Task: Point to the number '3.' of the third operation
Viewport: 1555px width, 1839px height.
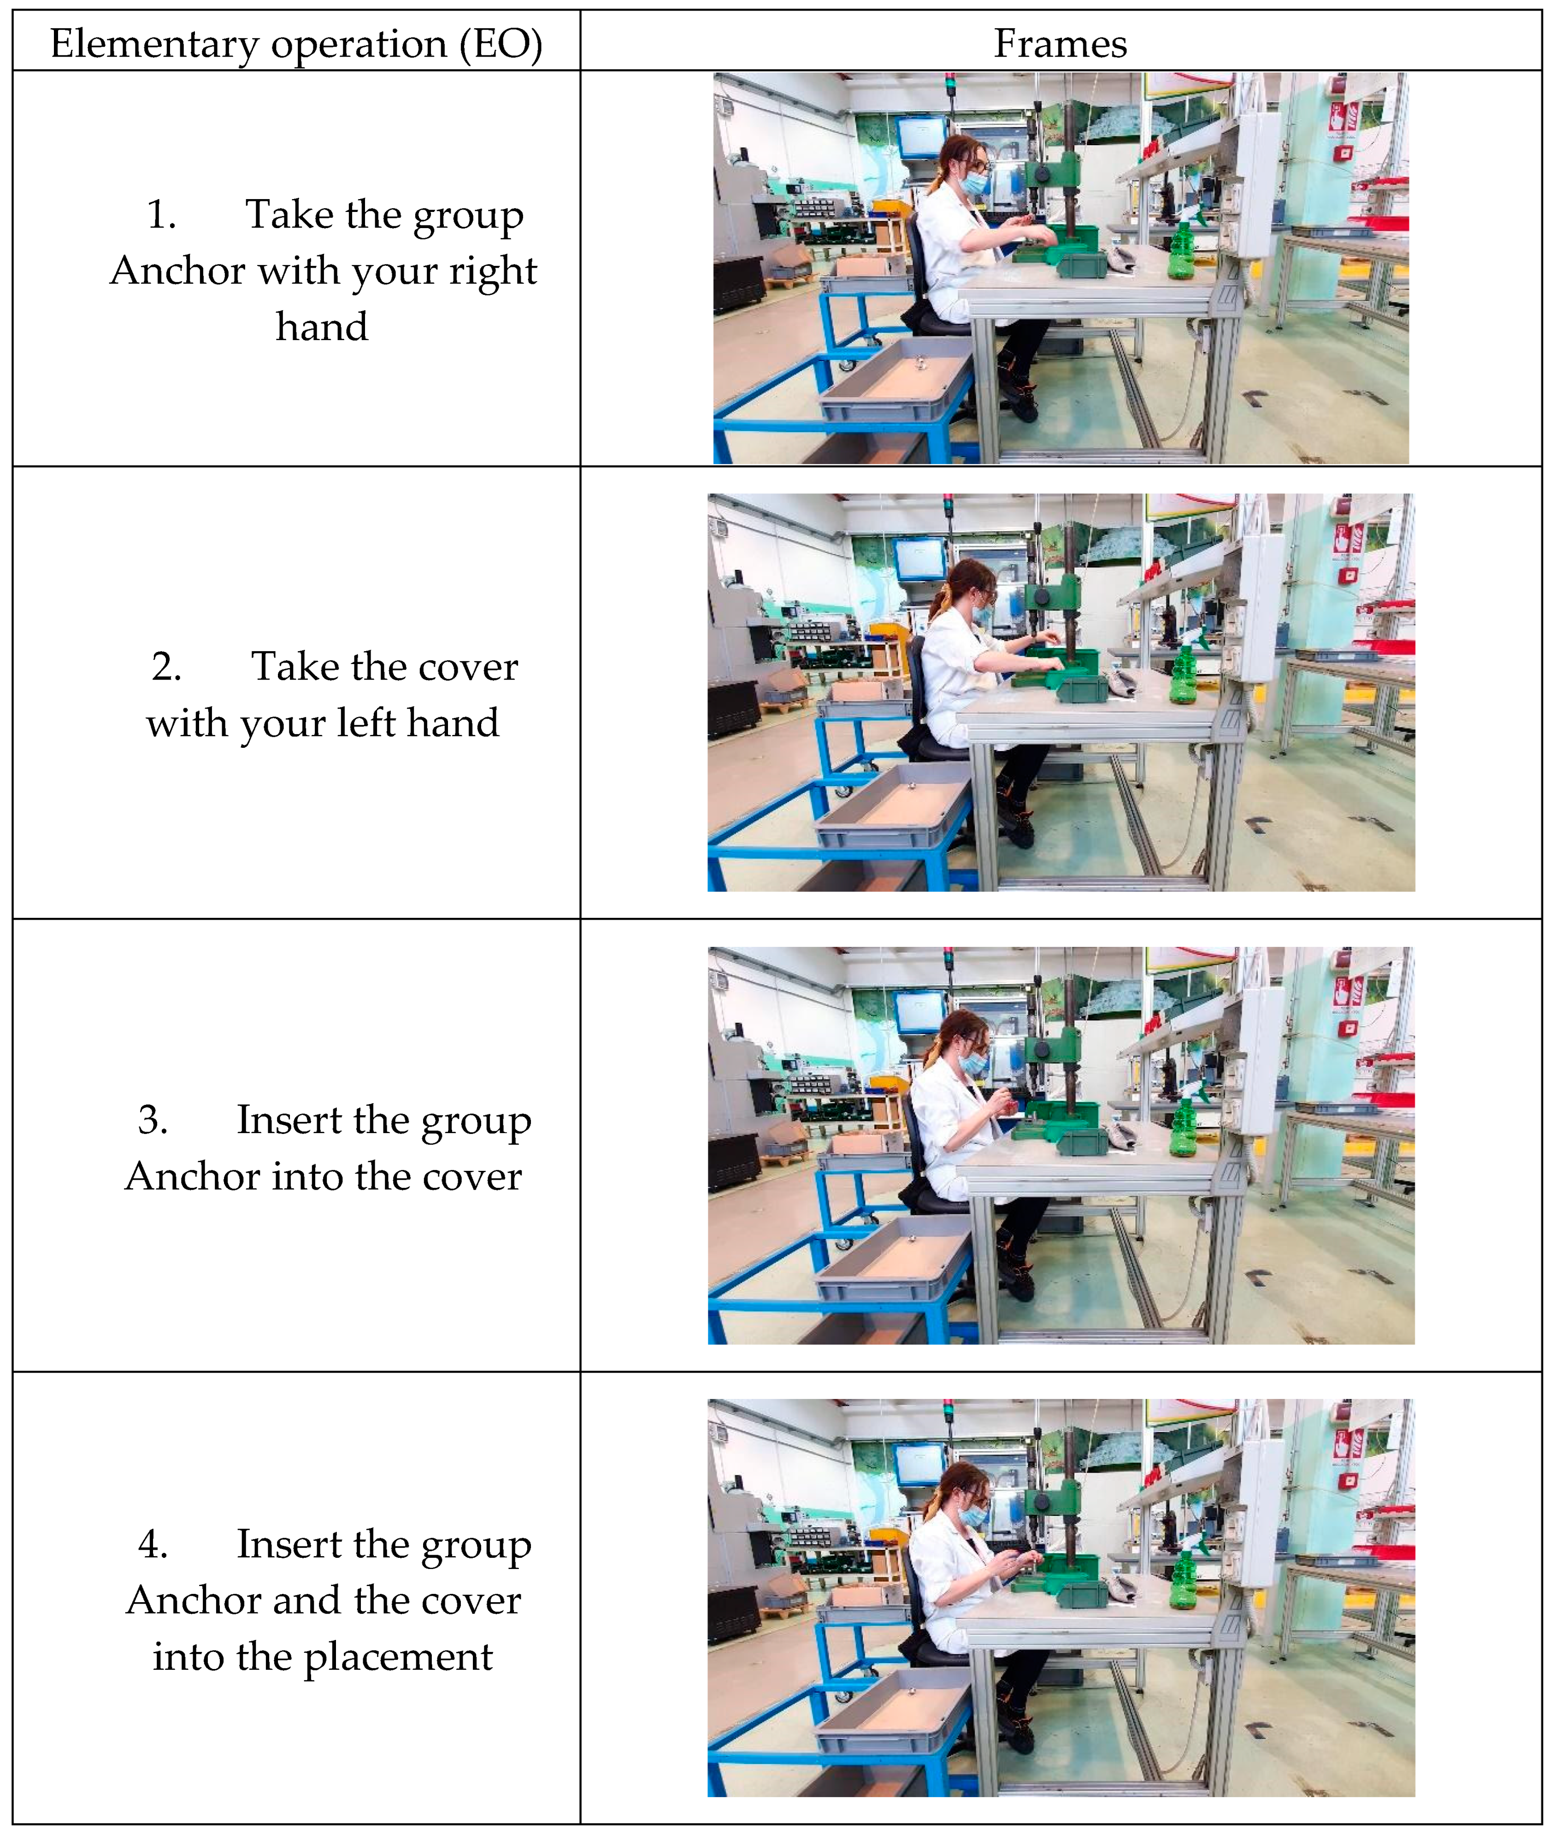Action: click(153, 1120)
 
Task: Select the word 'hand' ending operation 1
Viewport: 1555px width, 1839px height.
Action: click(322, 327)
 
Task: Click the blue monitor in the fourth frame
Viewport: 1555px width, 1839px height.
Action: click(921, 1464)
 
